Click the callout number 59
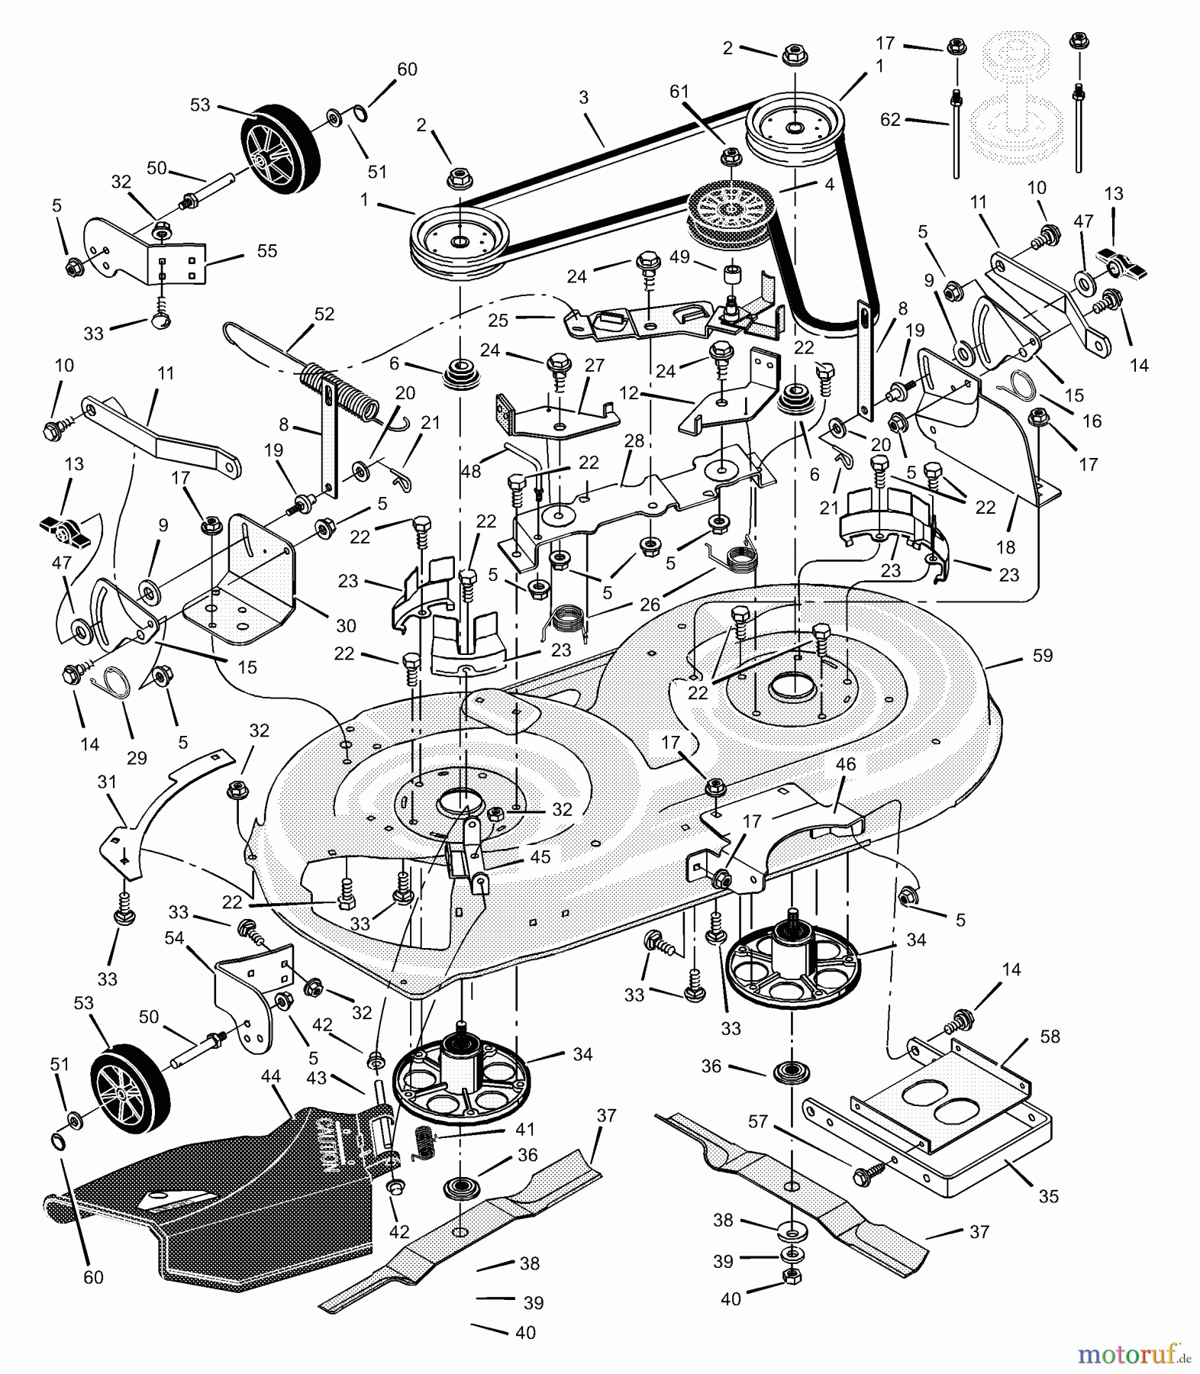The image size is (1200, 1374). point(1042,656)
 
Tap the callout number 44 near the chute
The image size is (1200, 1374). point(270,1076)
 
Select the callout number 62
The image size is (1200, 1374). point(890,120)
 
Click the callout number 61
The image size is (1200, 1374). point(679,92)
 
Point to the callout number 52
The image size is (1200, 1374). point(324,314)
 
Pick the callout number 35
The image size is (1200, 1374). point(1049,1196)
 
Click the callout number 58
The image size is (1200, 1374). point(1050,1037)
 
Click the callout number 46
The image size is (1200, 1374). point(846,764)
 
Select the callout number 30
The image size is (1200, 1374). point(346,626)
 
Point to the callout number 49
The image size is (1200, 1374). point(679,257)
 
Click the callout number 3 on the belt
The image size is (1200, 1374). point(584,98)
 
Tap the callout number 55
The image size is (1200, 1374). point(266,251)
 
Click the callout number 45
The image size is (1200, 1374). point(540,857)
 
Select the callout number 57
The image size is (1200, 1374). point(757,1121)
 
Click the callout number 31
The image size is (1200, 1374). point(107,782)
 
